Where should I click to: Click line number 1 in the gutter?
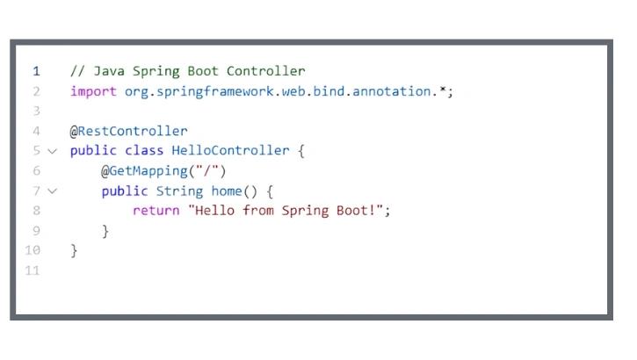pos(36,71)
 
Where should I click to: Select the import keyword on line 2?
pos(92,91)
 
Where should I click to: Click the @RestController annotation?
pos(129,131)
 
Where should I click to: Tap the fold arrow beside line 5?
pos(52,151)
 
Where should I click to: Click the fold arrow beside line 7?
pos(52,191)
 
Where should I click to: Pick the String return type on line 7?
pos(179,191)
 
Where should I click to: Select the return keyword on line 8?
pos(156,211)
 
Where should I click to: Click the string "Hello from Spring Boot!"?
pos(286,211)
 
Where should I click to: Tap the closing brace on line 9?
pos(105,231)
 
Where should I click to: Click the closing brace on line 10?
pos(74,250)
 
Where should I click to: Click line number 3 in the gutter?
pos(36,112)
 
